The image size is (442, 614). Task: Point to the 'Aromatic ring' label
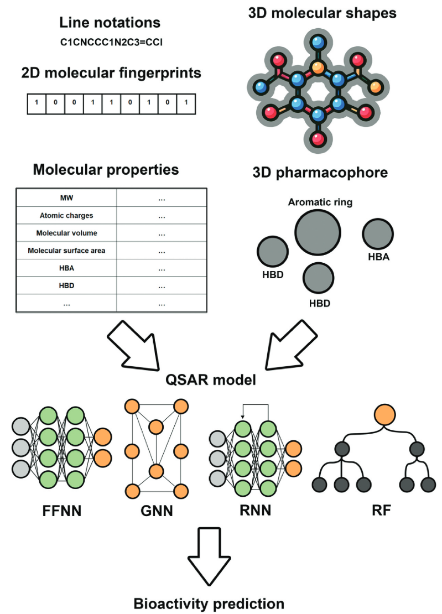click(320, 202)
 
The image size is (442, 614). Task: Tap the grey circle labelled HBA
click(378, 234)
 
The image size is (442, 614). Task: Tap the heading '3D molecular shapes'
click(321, 12)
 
